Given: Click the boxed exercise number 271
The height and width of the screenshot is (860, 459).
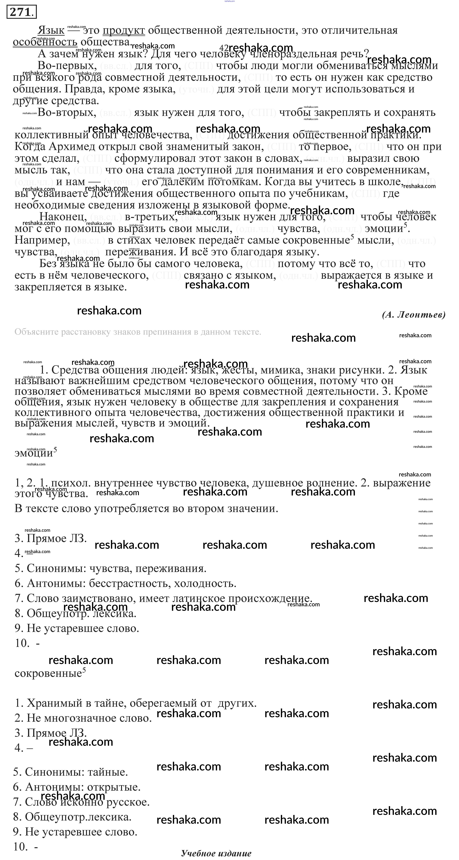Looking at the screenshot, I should (21, 12).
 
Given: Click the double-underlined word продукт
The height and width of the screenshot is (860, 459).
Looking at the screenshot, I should (124, 30).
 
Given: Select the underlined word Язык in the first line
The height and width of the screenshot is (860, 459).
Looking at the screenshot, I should (51, 30).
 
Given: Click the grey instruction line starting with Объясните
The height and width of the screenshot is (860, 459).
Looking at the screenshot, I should (138, 332).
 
